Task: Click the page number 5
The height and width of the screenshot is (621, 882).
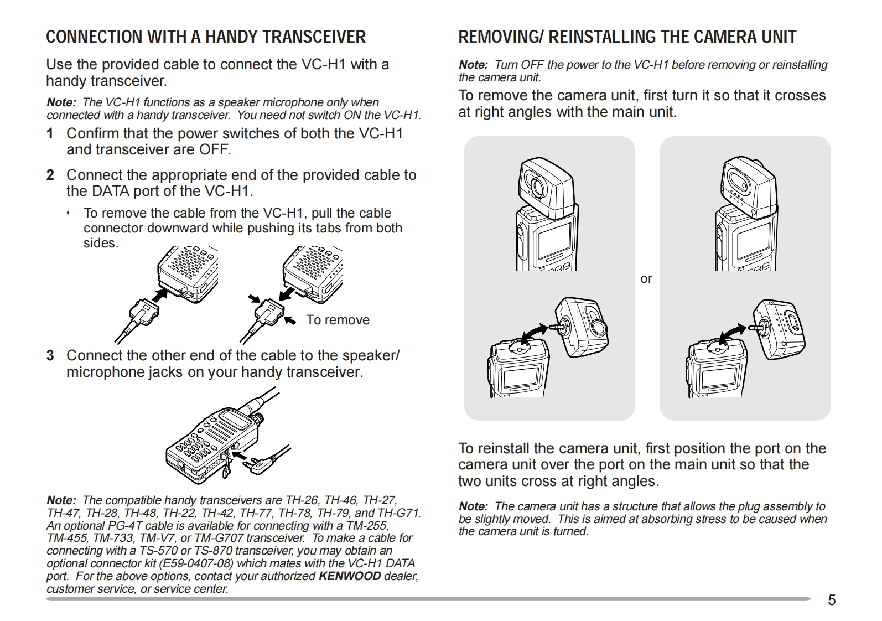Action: click(832, 600)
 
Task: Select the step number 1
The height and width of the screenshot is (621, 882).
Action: click(50, 133)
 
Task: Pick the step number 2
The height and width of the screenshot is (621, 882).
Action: click(50, 175)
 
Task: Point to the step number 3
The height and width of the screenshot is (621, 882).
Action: click(50, 355)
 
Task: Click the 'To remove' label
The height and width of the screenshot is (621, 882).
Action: click(338, 320)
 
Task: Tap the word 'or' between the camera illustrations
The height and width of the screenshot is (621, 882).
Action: click(646, 278)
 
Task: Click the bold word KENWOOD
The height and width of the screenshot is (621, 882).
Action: click(350, 576)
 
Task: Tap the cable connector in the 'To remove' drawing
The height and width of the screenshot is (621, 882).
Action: click(268, 313)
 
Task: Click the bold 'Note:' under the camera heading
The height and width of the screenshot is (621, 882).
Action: click(473, 65)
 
